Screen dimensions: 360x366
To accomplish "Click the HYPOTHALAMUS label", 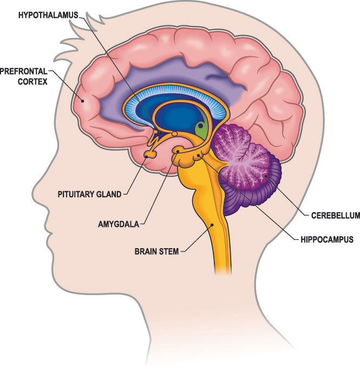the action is click(49, 15).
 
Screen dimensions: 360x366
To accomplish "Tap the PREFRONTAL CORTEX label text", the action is click(25, 76).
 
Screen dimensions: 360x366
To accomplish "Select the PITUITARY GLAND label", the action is click(89, 194).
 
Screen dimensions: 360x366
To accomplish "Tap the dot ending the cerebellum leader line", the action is click(266, 175).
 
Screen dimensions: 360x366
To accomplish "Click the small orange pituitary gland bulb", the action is click(149, 155).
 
